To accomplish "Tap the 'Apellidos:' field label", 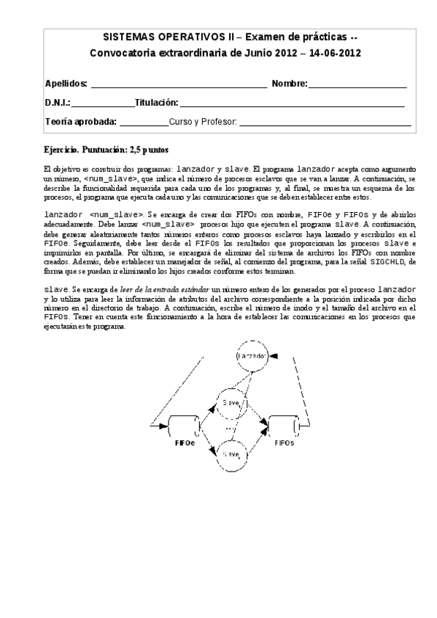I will click(x=66, y=84).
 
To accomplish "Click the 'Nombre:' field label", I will click(x=289, y=84).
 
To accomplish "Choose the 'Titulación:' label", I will click(x=156, y=103).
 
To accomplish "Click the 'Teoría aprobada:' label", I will click(x=80, y=122).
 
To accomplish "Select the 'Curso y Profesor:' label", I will click(x=202, y=122).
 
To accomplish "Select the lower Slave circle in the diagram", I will click(x=231, y=453).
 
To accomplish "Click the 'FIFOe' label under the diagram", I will click(x=184, y=442).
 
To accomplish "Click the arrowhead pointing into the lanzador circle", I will click(x=274, y=356).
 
